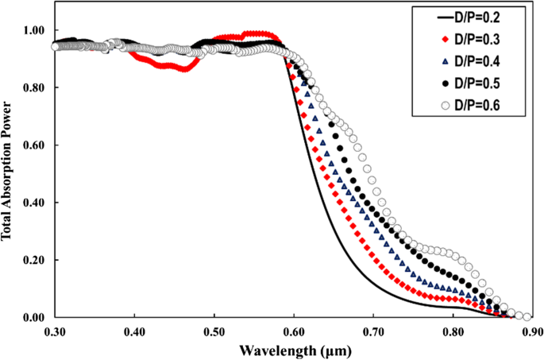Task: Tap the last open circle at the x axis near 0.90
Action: coord(527,317)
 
